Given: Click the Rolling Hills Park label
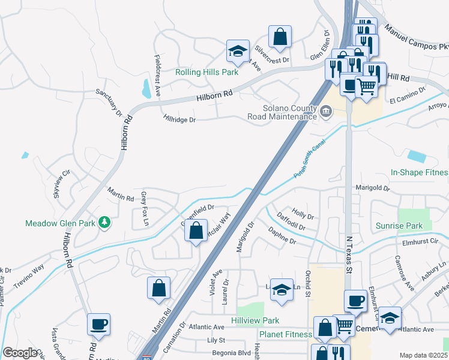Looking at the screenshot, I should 206,72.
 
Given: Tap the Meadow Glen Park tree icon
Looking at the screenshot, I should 105,223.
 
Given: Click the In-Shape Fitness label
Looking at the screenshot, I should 420,172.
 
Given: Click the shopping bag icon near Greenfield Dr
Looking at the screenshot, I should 196,230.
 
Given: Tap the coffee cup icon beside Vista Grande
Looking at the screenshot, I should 98,324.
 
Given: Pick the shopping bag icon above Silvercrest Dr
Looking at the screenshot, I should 280,37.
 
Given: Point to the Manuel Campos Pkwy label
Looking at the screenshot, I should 416,38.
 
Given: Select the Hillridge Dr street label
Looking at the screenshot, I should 179,119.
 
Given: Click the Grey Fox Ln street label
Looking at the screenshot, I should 144,209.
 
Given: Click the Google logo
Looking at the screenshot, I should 19,353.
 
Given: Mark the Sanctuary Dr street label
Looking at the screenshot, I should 109,103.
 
